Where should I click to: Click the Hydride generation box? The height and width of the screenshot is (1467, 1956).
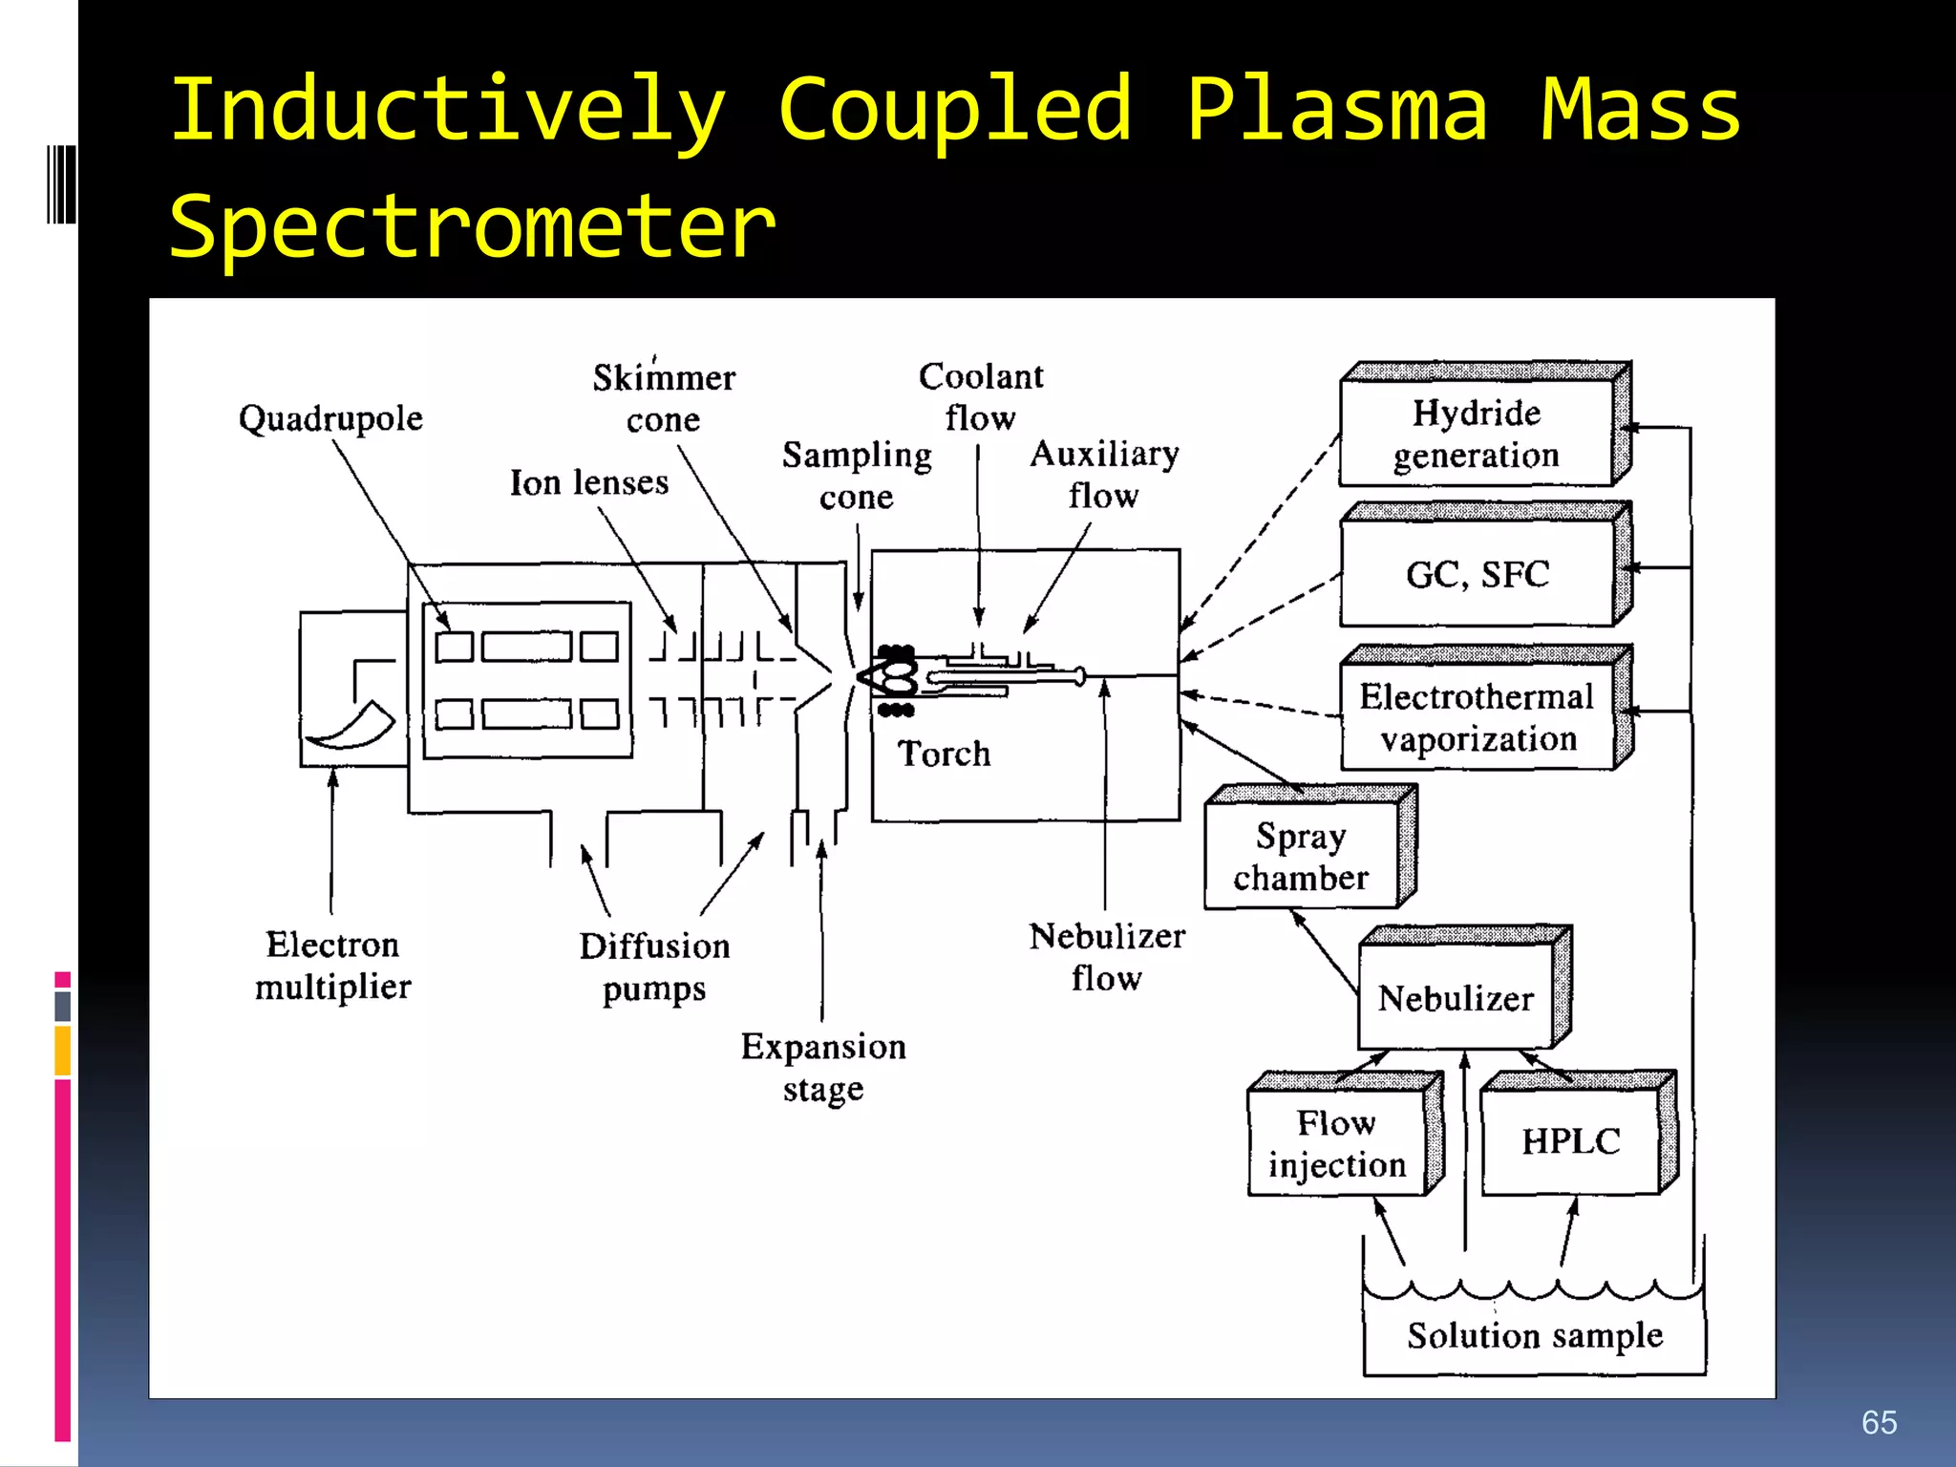[1477, 433]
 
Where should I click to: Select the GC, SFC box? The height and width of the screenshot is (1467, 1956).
[1477, 574]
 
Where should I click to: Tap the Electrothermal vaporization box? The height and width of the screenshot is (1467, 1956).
[1477, 717]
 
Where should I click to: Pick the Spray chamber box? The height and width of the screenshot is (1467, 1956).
[1301, 856]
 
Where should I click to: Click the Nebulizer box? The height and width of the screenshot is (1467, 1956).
[1456, 997]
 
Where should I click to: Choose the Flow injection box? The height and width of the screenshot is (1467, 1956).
[1336, 1143]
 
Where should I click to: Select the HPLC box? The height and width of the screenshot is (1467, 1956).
[1570, 1141]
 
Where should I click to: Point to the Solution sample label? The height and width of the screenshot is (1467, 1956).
[1534, 1334]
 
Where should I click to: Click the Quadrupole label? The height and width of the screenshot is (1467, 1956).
[330, 418]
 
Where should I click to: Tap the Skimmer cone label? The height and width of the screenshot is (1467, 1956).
[664, 397]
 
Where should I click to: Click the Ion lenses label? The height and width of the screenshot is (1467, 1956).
[588, 482]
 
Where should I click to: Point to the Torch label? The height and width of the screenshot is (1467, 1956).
[944, 754]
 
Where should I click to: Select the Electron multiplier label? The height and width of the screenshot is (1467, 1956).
[332, 965]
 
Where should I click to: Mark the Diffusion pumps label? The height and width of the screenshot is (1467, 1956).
[654, 967]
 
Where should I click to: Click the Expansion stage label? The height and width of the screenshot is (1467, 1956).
[823, 1067]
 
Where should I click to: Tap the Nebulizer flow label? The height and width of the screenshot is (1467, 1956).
[1106, 956]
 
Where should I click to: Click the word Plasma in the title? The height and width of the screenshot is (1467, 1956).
[1336, 110]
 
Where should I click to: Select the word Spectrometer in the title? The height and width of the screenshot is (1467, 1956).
[472, 226]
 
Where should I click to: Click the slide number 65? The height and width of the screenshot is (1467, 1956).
[1879, 1422]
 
